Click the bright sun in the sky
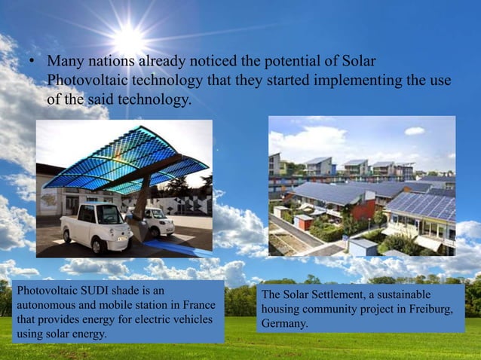click(x=129, y=38)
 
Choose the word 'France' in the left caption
click(x=198, y=304)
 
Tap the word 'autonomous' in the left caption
click(x=45, y=304)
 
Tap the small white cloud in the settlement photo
click(x=414, y=131)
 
